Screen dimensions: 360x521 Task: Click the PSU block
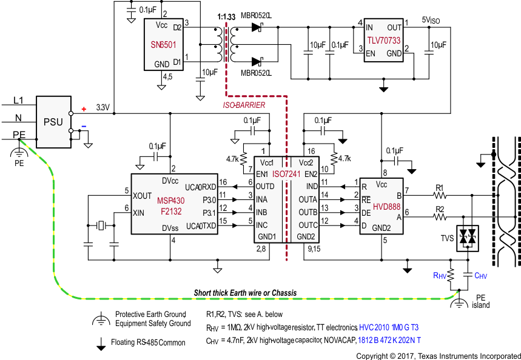coord(53,121)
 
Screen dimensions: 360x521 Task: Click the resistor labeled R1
coord(440,195)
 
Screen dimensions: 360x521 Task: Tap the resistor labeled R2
coord(440,213)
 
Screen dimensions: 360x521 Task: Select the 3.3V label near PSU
coord(103,108)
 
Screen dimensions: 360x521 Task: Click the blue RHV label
coord(440,275)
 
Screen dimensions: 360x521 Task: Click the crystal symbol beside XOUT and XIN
coord(101,226)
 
